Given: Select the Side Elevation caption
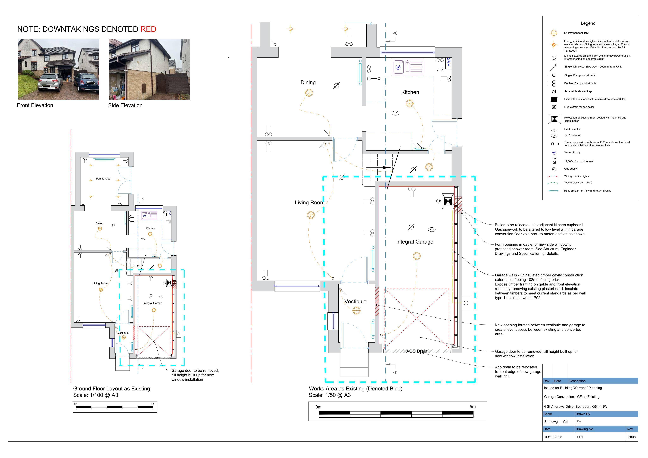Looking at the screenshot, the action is pyautogui.click(x=125, y=105).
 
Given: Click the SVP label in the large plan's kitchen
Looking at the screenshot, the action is pyautogui.click(x=449, y=62).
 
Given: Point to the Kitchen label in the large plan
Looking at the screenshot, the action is pyautogui.click(x=410, y=92).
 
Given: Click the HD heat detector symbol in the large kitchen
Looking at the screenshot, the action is pyautogui.click(x=395, y=113).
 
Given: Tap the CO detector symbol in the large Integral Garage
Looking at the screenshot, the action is pyautogui.click(x=432, y=229).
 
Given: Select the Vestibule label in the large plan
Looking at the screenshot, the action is pyautogui.click(x=355, y=301).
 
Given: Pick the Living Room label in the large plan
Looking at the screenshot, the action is pyautogui.click(x=309, y=203).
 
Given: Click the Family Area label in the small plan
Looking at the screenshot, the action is pyautogui.click(x=103, y=179).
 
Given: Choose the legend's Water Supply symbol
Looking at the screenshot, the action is pyautogui.click(x=554, y=153).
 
